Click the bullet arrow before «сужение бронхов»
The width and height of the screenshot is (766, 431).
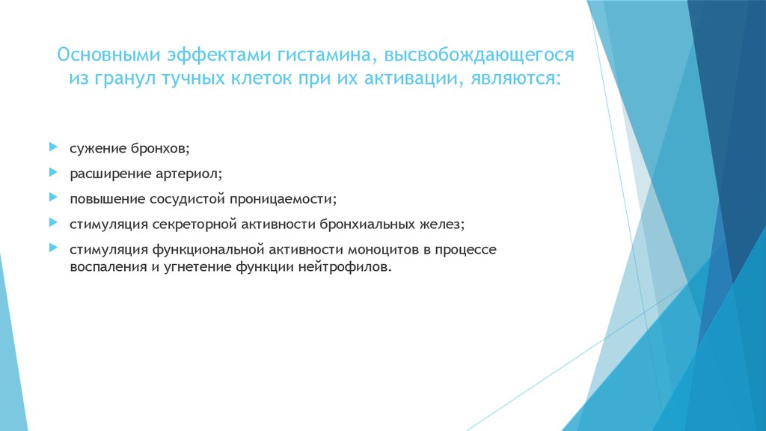point(52,144)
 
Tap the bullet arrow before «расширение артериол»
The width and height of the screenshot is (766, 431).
point(52,172)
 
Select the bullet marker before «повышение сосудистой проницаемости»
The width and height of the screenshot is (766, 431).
point(52,198)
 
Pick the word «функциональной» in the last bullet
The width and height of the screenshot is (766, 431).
point(206,248)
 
